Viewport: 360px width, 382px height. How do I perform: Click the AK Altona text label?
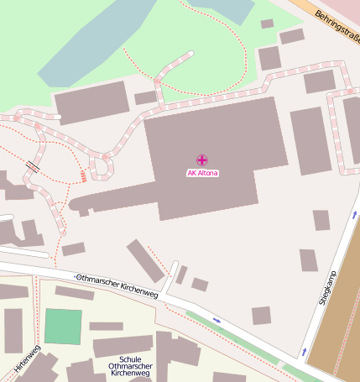(x=202, y=173)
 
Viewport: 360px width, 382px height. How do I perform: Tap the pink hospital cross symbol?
(x=202, y=160)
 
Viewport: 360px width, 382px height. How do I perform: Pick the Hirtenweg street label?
(x=27, y=358)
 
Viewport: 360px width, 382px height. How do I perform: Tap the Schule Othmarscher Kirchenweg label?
(x=131, y=365)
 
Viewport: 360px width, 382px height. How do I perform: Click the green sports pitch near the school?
(x=63, y=326)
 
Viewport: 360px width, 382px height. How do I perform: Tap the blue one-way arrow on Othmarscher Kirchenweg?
(x=217, y=320)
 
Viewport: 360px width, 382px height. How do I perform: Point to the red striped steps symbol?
(x=83, y=175)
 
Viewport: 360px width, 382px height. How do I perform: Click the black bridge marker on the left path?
(x=33, y=166)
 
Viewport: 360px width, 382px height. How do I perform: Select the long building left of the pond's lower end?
(x=92, y=102)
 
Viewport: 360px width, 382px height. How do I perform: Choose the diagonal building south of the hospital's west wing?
(x=145, y=260)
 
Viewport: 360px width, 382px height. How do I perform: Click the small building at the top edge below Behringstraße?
(x=267, y=24)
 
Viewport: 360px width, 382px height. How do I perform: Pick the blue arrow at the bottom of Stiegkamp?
(x=303, y=351)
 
